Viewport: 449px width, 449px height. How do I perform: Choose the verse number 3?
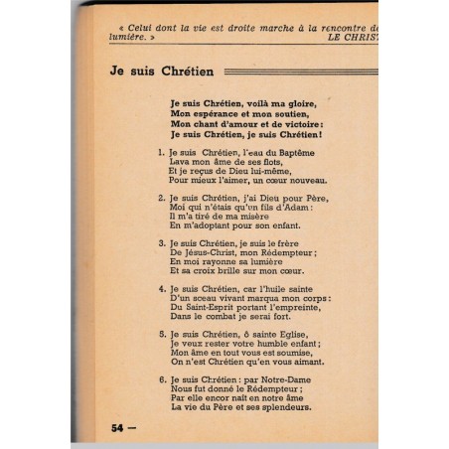pos(160,242)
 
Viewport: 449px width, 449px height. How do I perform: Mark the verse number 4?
pos(160,289)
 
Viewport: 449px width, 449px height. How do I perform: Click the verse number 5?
pos(160,336)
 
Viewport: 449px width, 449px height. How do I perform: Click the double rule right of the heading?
pos(298,72)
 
